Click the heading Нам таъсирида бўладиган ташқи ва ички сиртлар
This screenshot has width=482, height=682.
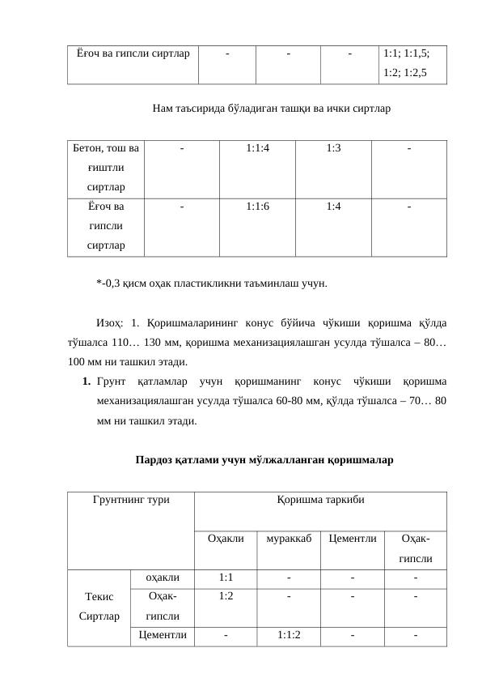(271, 107)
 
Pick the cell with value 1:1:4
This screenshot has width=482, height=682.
(257, 149)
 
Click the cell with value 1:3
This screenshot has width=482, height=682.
(333, 149)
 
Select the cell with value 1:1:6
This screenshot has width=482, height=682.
(257, 207)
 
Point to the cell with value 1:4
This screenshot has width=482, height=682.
(333, 207)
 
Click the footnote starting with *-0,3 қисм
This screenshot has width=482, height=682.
(211, 283)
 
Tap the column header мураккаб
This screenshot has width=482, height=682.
(288, 539)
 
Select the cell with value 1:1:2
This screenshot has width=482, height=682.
(288, 635)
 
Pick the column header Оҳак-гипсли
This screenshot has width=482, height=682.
(416, 548)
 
